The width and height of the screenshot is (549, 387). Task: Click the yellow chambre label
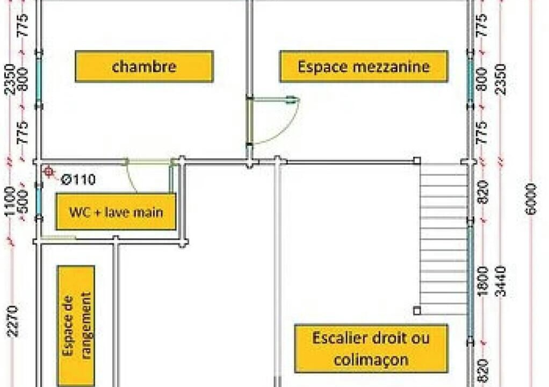pos(145,67)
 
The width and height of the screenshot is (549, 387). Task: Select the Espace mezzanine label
pos(364,67)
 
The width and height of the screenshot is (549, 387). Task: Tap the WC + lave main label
pos(116,212)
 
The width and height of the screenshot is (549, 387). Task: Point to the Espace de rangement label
pos(76,326)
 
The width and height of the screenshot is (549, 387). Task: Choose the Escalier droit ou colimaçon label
pos(371,348)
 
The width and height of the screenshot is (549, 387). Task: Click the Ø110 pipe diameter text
pos(78,180)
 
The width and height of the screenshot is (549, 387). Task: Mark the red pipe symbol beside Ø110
pos(49,171)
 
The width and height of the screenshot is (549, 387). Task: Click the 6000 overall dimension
pos(531,198)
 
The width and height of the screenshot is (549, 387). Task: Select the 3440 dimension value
pos(501,281)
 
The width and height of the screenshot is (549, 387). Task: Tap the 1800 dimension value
pos(483,281)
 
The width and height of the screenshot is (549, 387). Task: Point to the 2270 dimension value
pos(12,321)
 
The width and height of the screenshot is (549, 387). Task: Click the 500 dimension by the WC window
pos(23,202)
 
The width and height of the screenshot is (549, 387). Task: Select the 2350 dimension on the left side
pos(10,79)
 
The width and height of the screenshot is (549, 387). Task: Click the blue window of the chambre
pos(38,79)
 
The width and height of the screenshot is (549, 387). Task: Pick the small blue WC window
pos(38,202)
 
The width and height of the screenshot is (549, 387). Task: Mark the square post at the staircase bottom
pos(417,311)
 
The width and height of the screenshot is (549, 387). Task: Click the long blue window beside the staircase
pos(471,281)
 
